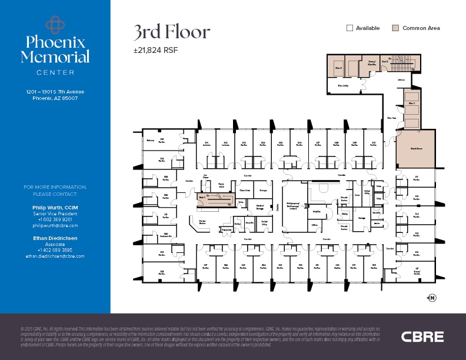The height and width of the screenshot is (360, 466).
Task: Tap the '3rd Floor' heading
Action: click(x=171, y=32)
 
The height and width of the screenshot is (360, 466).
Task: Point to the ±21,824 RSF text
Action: click(x=155, y=51)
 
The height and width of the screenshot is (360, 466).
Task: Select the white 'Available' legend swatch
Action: click(x=349, y=28)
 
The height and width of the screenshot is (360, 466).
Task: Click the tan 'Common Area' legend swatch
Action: click(x=396, y=28)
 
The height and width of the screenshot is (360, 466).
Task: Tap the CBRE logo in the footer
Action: click(x=422, y=336)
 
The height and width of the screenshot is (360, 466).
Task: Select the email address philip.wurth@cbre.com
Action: click(x=55, y=225)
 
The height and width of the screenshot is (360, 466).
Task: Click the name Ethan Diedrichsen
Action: click(x=55, y=238)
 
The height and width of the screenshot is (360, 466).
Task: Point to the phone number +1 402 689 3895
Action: click(x=55, y=250)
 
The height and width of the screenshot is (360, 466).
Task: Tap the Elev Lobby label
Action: click(x=343, y=86)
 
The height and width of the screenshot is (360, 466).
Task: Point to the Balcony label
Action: click(x=151, y=141)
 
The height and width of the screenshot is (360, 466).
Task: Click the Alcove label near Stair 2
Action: click(x=401, y=79)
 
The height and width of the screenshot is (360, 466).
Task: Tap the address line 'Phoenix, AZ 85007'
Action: click(x=55, y=98)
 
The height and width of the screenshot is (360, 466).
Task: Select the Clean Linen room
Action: click(x=245, y=191)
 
